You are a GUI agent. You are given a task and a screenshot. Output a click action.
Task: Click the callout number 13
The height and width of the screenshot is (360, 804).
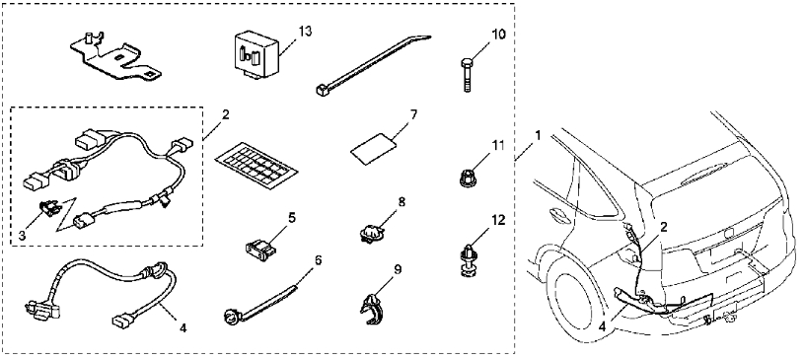[x=305, y=32]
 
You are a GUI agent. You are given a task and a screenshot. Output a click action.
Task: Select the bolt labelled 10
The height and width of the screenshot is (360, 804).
[x=467, y=75]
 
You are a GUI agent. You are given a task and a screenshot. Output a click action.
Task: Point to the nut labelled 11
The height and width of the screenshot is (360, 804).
[x=466, y=179]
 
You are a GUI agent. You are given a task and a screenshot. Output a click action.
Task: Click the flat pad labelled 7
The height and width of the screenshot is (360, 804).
[x=374, y=149]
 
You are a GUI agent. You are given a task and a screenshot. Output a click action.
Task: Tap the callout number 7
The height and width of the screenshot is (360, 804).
[x=413, y=113]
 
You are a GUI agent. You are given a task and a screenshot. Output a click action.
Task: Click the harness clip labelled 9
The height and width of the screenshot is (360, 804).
[x=373, y=308]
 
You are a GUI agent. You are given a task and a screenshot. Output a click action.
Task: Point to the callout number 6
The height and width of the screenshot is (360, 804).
[x=319, y=260]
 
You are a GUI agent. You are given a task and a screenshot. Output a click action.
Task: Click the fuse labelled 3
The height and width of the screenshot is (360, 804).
[x=49, y=208]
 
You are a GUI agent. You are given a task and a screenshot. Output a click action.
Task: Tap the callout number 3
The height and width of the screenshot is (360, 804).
[x=22, y=236]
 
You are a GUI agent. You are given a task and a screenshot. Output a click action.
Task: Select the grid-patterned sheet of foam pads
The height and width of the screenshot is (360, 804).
[x=256, y=165]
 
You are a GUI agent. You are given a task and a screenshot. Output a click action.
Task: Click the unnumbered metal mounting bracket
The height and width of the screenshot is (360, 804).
[x=114, y=56]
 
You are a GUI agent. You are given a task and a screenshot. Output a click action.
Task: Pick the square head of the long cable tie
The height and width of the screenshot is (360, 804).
[x=322, y=91]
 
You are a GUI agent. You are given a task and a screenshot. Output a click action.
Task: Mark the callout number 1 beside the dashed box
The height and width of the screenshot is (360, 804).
[x=538, y=135]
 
